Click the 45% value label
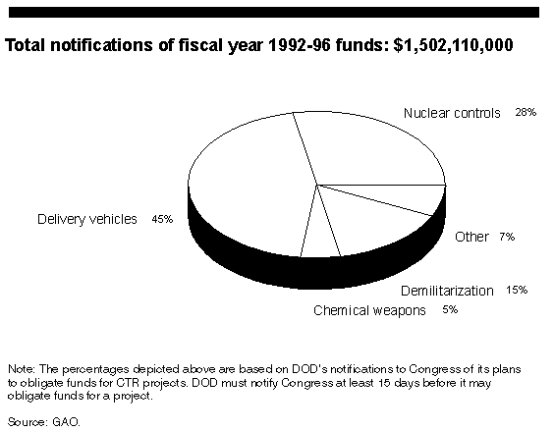click(162, 219)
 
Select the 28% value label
click(526, 112)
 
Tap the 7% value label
click(507, 237)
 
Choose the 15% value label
click(517, 290)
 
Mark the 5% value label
click(450, 310)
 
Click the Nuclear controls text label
click(452, 113)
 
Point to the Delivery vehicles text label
click(86, 219)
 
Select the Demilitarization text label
click(447, 291)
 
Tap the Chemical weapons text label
click(369, 310)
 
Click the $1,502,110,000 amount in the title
click(453, 45)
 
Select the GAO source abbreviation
click(66, 422)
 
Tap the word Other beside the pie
click(471, 237)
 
